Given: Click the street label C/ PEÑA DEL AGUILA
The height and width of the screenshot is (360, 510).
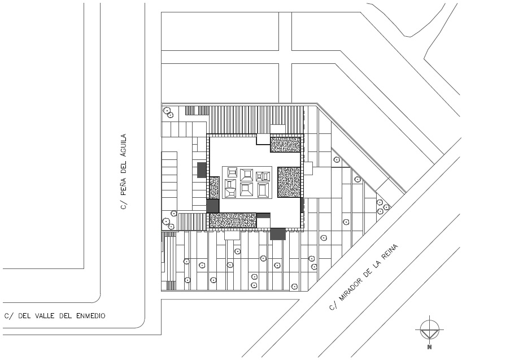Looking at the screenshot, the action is tap(124, 172).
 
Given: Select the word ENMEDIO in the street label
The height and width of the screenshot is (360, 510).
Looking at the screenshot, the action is tap(91, 316).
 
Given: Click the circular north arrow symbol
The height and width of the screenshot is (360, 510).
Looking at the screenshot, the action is tap(430, 329).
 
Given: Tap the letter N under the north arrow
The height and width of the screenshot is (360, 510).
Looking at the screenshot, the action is tap(430, 347).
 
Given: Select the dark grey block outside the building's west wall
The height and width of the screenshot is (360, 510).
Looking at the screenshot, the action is tap(202, 170).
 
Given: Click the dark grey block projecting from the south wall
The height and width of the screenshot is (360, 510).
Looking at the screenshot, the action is tap(277, 234).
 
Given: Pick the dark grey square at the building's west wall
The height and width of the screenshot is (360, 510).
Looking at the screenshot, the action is tap(213, 206).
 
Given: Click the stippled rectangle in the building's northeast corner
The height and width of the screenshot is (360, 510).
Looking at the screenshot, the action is tap(285, 145).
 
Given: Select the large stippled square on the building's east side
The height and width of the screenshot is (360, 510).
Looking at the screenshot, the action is tap(289, 183).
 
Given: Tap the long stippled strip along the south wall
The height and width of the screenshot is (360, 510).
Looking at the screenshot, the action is tap(233, 220).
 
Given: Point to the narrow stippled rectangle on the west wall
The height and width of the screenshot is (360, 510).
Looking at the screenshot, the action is tap(214, 188).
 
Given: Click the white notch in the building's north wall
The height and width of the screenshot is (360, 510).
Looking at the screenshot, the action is tap(263, 140).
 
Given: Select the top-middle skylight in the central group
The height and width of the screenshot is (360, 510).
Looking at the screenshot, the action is tap(246, 175).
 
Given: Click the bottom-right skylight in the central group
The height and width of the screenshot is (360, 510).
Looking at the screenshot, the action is tap(263, 190).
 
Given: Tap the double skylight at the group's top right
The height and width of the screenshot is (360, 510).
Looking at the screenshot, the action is tap(263, 176).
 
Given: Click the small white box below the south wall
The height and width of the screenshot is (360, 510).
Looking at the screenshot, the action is tap(232, 235).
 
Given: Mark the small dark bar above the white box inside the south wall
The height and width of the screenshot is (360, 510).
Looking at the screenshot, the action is tap(263, 215).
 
